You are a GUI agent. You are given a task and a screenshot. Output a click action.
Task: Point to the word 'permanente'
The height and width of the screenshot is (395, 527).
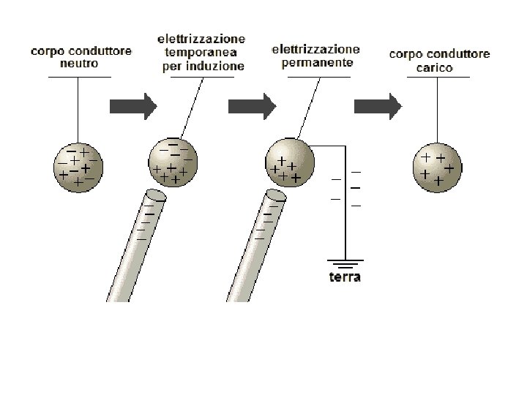point(316,62)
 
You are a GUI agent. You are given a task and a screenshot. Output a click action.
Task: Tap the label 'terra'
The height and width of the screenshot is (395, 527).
point(345,277)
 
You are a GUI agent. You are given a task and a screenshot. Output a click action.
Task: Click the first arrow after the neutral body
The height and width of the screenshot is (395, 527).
point(133,106)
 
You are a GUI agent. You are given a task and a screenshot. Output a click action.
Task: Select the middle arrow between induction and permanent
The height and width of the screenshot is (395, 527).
point(253,106)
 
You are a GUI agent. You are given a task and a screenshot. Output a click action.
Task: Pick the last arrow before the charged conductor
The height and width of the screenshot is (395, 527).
point(378,106)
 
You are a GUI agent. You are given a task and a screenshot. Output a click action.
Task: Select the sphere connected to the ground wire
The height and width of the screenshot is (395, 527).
point(290,161)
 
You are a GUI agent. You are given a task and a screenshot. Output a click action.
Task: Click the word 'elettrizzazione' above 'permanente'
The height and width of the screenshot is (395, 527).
point(316,50)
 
